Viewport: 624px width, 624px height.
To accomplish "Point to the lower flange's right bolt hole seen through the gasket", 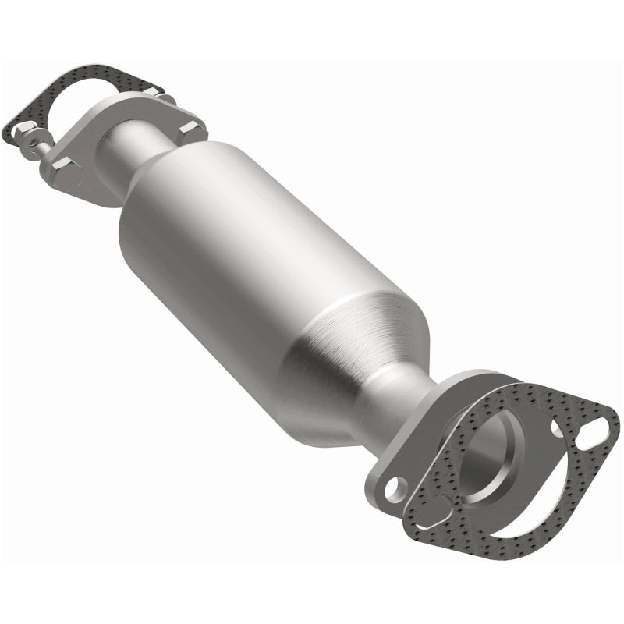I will click(556, 428).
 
